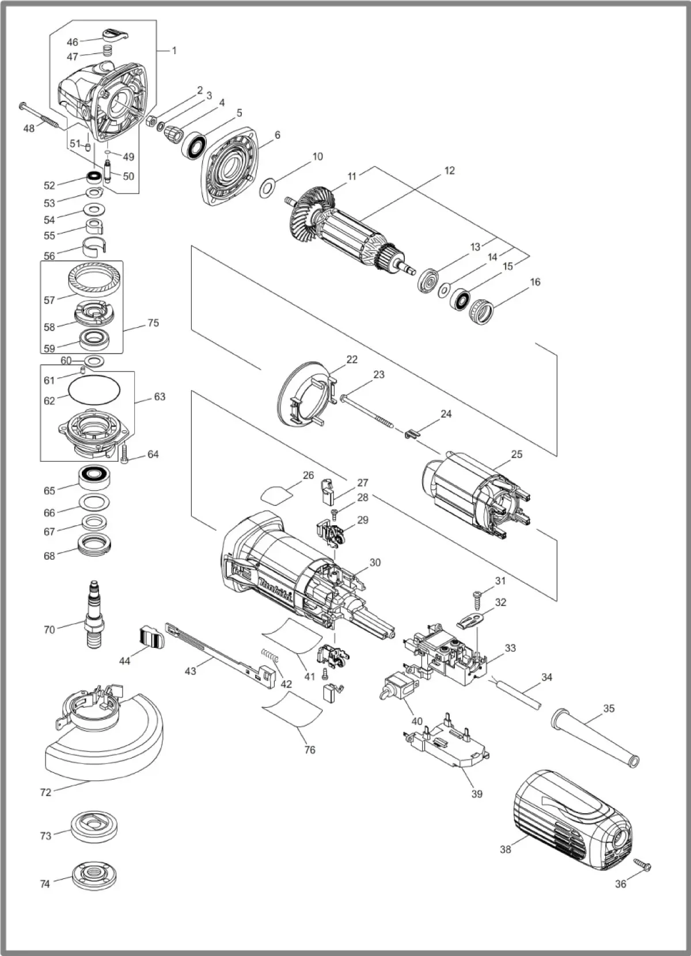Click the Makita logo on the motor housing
[x=275, y=589]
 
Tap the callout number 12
[x=449, y=170]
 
